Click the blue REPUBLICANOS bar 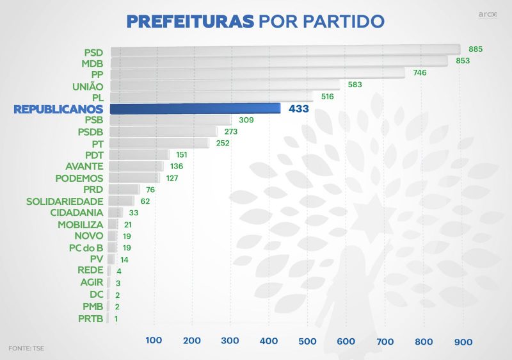195,109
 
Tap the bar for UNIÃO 225,85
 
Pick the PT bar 159,143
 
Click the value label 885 476,49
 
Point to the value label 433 299,109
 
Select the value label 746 420,73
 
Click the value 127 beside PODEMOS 172,178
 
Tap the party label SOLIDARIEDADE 65,201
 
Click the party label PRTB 90,318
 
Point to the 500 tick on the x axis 307,341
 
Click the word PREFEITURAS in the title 190,21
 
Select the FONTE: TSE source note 27,348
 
